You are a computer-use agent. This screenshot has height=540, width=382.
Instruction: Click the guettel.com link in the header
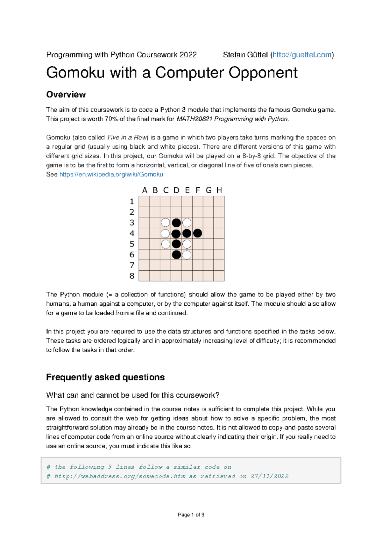302,55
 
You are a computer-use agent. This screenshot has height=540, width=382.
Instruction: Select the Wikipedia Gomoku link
111,174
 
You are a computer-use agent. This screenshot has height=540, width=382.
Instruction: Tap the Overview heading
66,95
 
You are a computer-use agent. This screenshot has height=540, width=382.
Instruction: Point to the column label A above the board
145,190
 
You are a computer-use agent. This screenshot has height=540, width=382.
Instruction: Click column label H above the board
219,190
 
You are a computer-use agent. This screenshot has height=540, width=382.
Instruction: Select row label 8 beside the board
132,276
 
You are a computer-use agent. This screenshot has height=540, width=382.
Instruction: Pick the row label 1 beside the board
132,202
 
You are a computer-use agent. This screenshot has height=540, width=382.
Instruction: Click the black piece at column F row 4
197,233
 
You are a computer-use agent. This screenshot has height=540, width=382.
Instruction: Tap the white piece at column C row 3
165,222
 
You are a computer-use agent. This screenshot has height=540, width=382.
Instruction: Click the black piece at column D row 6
176,254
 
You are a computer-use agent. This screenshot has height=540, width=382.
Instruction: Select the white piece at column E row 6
187,254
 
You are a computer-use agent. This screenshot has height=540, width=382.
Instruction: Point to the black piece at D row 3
176,222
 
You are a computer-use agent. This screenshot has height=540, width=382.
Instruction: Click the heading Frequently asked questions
105,377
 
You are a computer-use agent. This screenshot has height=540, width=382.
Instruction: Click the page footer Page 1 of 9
191,515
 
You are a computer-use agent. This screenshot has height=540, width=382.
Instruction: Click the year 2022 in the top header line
188,55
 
